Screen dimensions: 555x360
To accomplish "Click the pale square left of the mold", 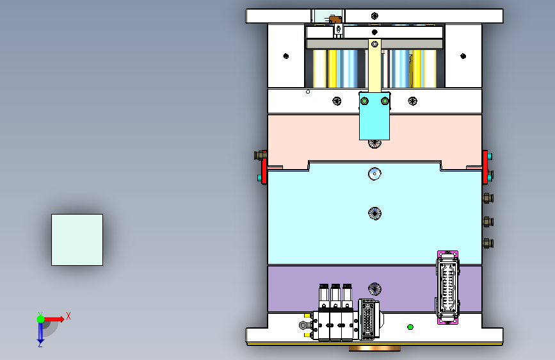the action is point(77,240).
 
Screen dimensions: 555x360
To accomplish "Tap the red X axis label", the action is point(68,316).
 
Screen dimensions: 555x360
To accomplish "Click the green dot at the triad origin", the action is point(41,319).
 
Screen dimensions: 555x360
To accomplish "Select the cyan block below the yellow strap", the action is point(374,116).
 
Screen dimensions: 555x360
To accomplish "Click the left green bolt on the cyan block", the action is point(364,101).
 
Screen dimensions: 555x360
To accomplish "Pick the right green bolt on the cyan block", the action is point(385,101).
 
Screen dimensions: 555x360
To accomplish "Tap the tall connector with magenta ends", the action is point(447,288).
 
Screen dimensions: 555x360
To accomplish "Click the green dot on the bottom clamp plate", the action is point(410,327).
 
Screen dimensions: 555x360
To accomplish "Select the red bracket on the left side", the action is point(264,167).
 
